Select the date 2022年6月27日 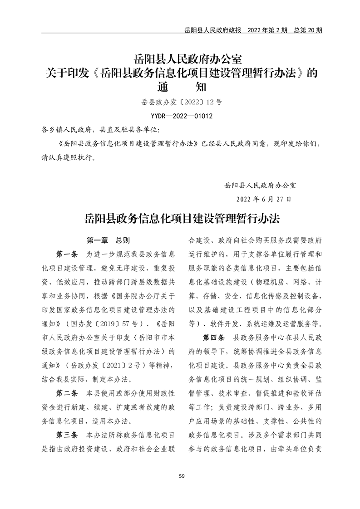(264, 199)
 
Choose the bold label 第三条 (67, 435)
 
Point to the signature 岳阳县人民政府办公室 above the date (260, 185)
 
